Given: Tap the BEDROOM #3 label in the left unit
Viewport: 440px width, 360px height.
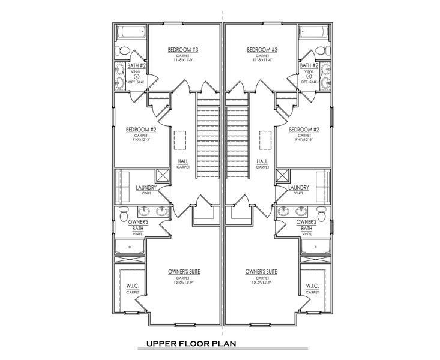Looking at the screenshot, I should pos(183,49).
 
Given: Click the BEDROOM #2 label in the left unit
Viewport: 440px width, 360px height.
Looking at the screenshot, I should pos(141,130).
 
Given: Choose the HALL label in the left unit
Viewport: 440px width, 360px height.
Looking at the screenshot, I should pos(183,161).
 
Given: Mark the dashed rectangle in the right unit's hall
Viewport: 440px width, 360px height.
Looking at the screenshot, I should pos(262,139).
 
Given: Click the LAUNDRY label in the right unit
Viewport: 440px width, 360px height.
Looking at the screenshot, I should pos(298,188).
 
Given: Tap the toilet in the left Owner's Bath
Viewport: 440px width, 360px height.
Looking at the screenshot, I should pos(124,214).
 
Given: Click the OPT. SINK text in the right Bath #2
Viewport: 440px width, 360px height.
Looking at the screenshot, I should pos(309,82).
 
